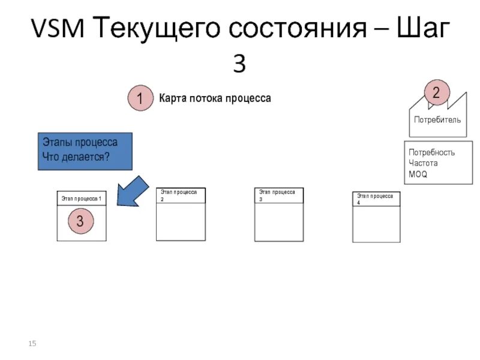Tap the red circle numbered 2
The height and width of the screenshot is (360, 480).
[x=436, y=92]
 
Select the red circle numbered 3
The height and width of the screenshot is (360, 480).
[x=80, y=221]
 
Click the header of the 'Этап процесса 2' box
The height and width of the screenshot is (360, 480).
[x=181, y=195]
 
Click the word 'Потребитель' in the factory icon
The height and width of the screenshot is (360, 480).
[x=437, y=119]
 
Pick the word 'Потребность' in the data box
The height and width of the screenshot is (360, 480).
[x=431, y=152]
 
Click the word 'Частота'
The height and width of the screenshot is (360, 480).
[x=423, y=163]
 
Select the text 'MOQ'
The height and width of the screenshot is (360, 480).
[x=418, y=174]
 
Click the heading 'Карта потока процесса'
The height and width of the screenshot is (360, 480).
[x=215, y=98]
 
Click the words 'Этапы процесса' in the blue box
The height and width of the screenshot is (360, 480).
[x=80, y=143]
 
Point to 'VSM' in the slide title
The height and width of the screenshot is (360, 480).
[x=57, y=28]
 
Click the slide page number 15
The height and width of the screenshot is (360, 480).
[x=32, y=343]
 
